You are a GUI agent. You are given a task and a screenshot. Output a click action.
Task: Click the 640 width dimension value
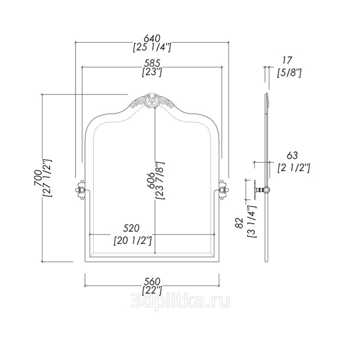point(152,39)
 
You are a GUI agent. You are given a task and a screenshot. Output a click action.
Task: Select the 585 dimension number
point(152,63)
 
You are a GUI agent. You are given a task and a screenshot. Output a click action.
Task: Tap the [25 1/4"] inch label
point(152,47)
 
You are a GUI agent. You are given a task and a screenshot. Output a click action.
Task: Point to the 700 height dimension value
point(38,178)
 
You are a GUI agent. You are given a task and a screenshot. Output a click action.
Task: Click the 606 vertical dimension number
point(151,180)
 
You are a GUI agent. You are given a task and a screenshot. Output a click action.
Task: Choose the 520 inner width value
point(131,228)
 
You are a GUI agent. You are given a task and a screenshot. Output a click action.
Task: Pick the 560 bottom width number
point(152,281)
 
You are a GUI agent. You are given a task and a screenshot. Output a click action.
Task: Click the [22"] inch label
point(152,290)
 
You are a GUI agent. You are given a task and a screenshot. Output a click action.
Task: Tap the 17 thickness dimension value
point(287,60)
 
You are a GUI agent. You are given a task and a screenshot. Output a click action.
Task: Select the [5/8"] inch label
point(289,73)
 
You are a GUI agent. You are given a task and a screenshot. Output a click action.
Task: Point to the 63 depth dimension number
point(292,155)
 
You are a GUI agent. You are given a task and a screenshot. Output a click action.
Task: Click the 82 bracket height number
point(239,223)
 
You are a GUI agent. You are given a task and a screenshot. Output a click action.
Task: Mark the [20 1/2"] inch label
point(133,241)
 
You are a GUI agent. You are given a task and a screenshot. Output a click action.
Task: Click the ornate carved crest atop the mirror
point(152,101)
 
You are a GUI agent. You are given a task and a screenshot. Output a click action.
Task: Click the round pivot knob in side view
point(266,190)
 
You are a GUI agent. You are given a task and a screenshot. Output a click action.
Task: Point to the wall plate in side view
point(255,190)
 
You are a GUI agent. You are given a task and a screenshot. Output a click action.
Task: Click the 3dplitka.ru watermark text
point(180,301)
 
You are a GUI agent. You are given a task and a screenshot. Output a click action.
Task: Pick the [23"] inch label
point(152,72)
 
